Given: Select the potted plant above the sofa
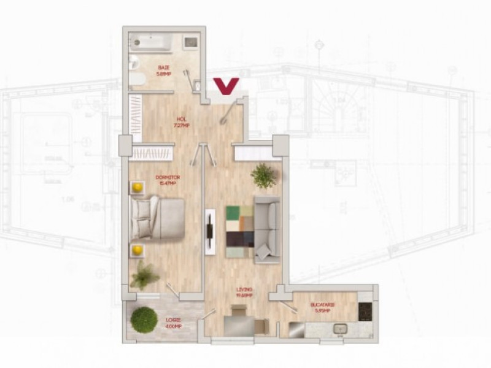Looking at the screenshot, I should (264, 176).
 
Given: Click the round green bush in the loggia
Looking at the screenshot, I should (144, 320).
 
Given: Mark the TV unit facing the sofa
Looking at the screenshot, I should (210, 232).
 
